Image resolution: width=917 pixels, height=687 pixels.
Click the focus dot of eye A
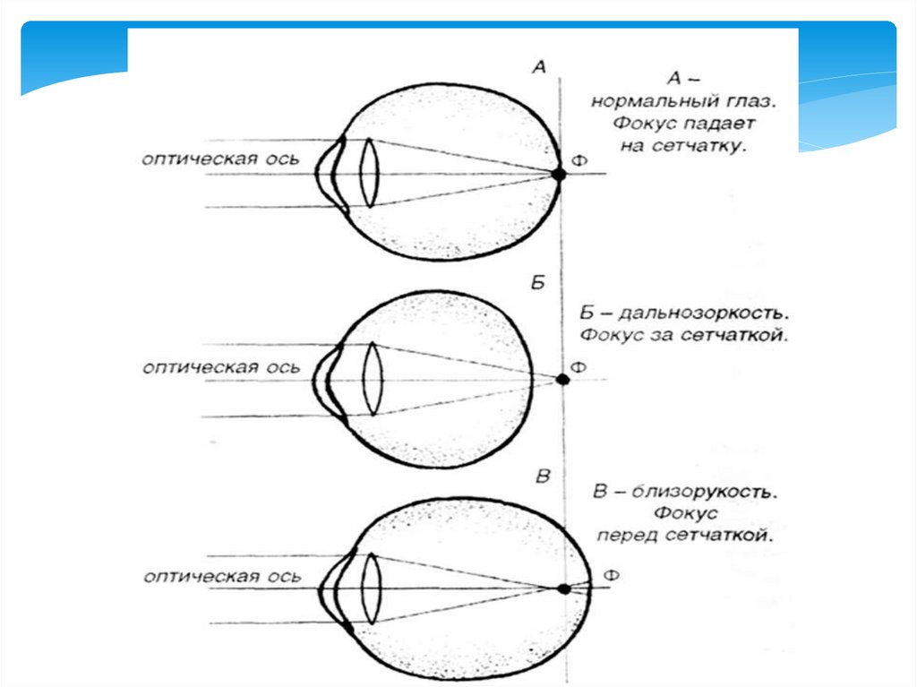[559, 175]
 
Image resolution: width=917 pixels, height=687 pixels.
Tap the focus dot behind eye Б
[563, 379]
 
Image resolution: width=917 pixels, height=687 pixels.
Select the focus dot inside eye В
[563, 588]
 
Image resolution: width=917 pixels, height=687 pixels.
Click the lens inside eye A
[368, 173]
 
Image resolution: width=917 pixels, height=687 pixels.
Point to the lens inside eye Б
[373, 380]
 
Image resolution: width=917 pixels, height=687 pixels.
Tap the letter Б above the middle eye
[538, 281]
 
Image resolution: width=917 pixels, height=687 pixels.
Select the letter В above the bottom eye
[542, 476]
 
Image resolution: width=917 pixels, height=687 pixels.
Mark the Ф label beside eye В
[612, 574]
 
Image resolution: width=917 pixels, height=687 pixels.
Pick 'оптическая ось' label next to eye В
[223, 577]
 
